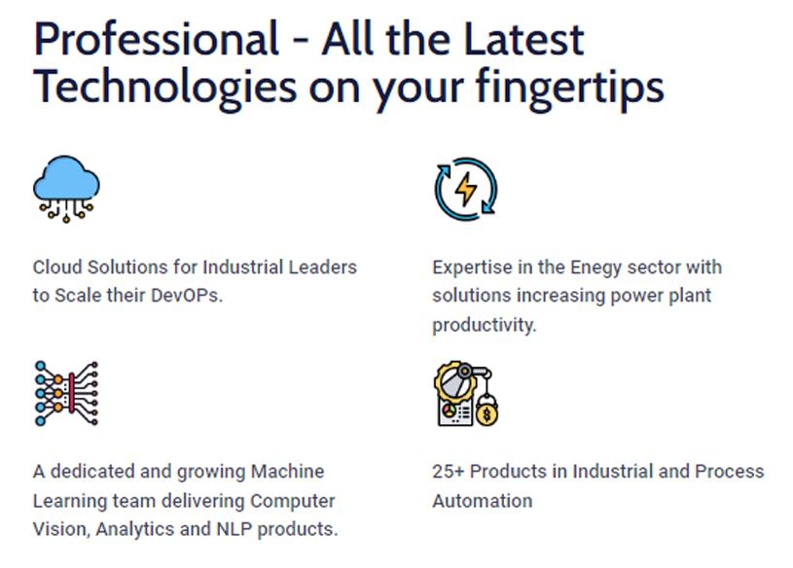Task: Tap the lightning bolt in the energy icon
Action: click(x=466, y=189)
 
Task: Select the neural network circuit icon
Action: click(x=66, y=394)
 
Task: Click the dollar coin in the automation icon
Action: click(x=487, y=414)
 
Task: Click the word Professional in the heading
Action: click(x=156, y=40)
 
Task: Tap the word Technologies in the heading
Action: click(x=164, y=87)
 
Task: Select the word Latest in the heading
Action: click(x=523, y=40)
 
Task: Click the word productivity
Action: click(x=484, y=325)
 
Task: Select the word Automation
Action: click(x=483, y=501)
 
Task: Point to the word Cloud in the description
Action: click(x=57, y=266)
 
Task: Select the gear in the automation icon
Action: click(x=453, y=382)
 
